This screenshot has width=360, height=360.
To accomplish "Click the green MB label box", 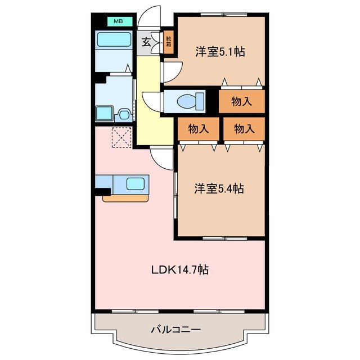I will click(x=119, y=21).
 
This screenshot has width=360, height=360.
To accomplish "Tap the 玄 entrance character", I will click(x=145, y=41).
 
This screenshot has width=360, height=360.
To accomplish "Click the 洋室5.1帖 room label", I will click(x=219, y=52).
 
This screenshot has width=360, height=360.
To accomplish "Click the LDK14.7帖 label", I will click(x=179, y=269).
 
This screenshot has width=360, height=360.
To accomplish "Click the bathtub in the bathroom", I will click(x=114, y=40).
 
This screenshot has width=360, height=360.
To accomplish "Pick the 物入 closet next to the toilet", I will click(x=241, y=102).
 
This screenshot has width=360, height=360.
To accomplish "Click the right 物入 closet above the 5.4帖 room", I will click(x=243, y=129).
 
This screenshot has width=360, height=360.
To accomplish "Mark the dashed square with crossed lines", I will click(x=120, y=137).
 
